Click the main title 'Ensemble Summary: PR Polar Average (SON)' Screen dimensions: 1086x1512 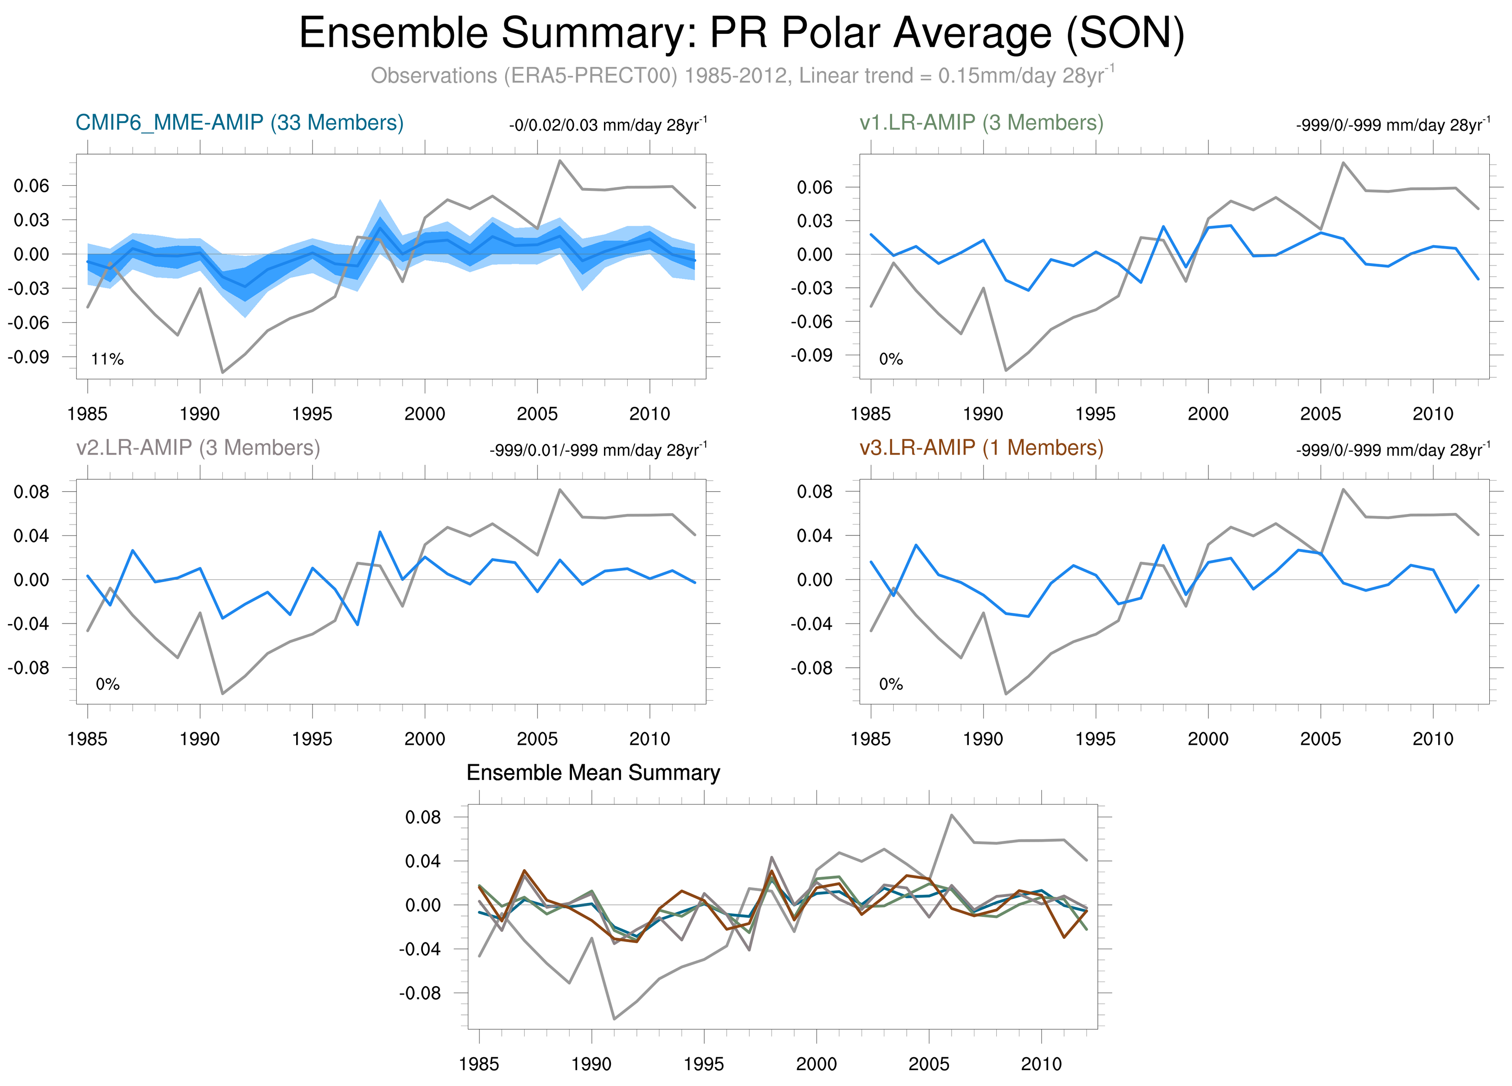pyautogui.click(x=741, y=33)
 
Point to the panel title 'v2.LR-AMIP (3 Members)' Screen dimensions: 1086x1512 pyautogui.click(x=198, y=448)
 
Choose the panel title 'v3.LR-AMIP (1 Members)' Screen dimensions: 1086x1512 pyautogui.click(x=981, y=448)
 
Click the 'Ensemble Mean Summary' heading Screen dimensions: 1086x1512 pyautogui.click(x=593, y=773)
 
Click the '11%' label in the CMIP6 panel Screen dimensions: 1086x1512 pyautogui.click(x=107, y=360)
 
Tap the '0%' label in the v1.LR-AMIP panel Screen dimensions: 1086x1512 pyautogui.click(x=891, y=360)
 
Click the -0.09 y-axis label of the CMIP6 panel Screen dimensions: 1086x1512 pyautogui.click(x=29, y=357)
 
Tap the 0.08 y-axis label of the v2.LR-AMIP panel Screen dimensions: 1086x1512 pyautogui.click(x=31, y=492)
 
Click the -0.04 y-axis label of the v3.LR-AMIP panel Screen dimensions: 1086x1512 pyautogui.click(x=812, y=624)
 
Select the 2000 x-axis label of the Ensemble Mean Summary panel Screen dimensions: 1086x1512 pyautogui.click(x=816, y=1064)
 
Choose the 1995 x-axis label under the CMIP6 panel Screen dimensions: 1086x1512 pyautogui.click(x=312, y=414)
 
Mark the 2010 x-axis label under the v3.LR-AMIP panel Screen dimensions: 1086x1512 pyautogui.click(x=1433, y=739)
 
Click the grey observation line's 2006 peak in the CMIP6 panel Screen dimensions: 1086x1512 pyautogui.click(x=559, y=160)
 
